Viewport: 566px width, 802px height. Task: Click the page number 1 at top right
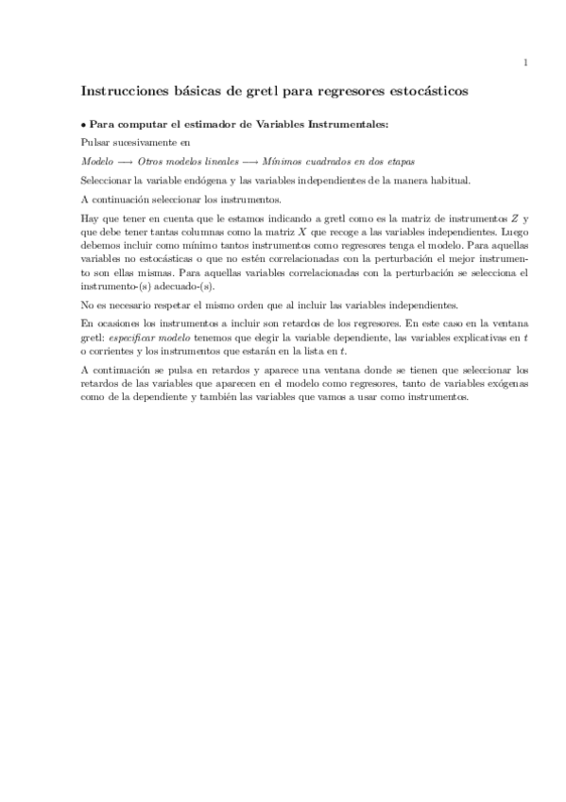point(523,63)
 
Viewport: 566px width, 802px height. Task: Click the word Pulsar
point(95,143)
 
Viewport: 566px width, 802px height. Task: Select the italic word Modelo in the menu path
point(96,161)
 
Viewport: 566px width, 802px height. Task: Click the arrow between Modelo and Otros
point(124,161)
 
